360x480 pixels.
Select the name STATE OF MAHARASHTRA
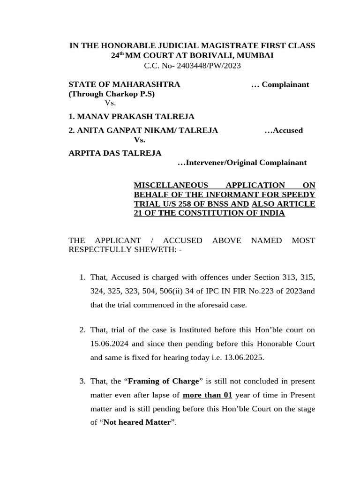click(x=124, y=84)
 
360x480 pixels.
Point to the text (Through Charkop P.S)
click(x=112, y=94)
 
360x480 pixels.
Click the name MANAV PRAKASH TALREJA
click(x=131, y=116)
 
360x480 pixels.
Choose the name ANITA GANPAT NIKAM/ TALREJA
click(x=143, y=130)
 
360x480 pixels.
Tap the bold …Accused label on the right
click(x=284, y=130)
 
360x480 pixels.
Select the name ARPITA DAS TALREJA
click(x=115, y=153)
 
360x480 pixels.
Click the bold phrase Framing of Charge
click(x=164, y=381)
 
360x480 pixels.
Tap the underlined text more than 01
click(x=207, y=395)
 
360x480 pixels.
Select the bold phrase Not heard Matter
click(x=137, y=422)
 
